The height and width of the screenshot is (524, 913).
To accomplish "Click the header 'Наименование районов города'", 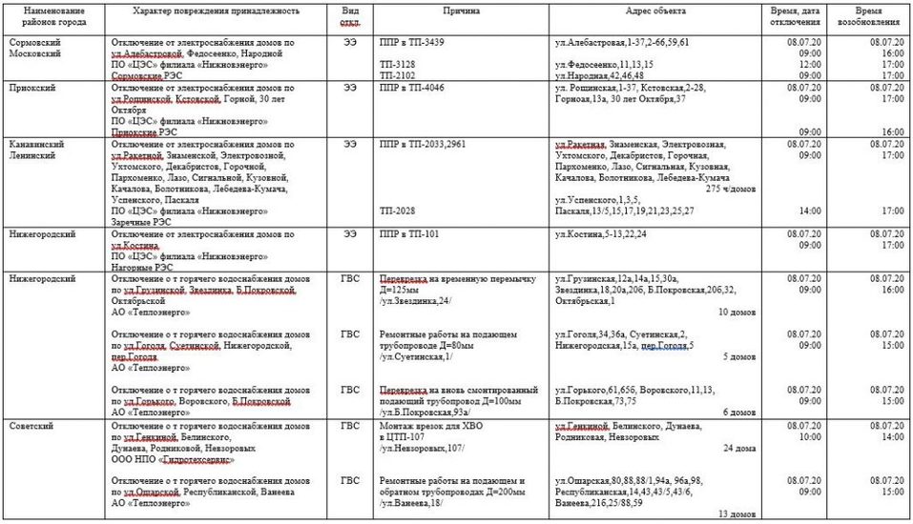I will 52,15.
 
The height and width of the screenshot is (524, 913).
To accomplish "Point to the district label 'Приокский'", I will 31,88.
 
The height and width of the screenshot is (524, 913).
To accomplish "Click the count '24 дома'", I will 740,447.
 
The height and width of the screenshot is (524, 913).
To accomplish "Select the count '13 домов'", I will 737,514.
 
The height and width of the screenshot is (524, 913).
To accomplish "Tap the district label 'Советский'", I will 31,425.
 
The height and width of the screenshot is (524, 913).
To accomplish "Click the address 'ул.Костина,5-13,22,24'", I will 600,233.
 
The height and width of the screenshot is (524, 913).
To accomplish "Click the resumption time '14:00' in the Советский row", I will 892,436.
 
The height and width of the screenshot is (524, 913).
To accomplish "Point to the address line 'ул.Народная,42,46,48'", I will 600,75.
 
